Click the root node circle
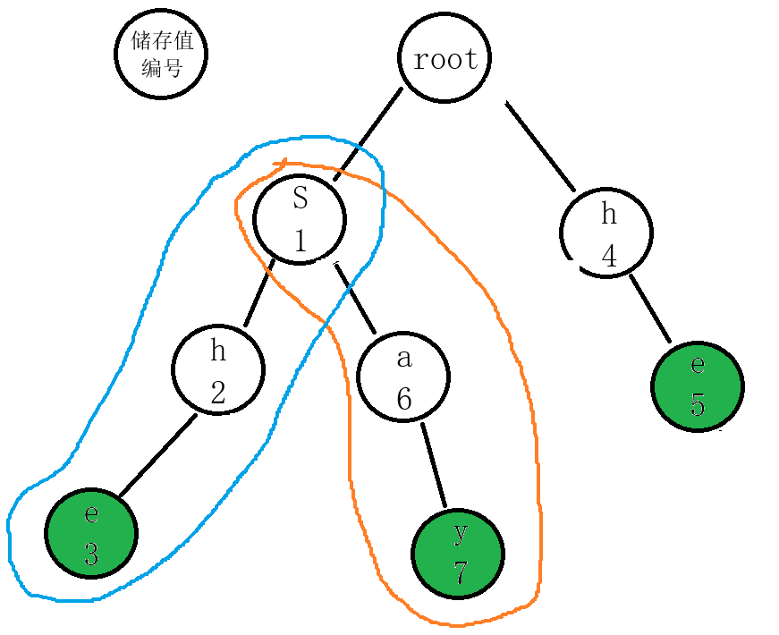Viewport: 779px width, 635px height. (x=445, y=57)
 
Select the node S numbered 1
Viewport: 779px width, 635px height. (x=300, y=219)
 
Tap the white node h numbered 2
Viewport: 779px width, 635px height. (x=218, y=370)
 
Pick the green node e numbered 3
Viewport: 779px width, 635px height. (x=91, y=533)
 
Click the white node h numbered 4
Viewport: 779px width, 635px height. (x=606, y=233)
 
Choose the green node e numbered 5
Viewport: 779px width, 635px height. (x=698, y=386)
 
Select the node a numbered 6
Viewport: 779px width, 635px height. (x=403, y=377)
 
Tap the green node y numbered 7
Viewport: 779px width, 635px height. (x=458, y=554)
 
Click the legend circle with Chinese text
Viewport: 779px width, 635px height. (x=161, y=54)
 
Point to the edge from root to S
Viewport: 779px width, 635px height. (x=368, y=133)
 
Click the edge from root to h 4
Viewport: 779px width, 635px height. (x=540, y=146)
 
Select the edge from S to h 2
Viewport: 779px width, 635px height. (x=258, y=293)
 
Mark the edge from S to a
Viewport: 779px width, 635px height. (x=355, y=298)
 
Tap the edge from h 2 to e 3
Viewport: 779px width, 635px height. (x=158, y=455)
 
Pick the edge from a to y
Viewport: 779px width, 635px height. (x=434, y=465)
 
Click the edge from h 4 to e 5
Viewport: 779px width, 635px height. (x=650, y=309)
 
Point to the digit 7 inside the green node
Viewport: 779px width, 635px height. (x=460, y=572)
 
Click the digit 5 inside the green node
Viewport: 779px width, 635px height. (x=698, y=404)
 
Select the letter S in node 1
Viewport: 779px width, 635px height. (x=301, y=198)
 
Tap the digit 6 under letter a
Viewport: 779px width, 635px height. (x=404, y=399)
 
